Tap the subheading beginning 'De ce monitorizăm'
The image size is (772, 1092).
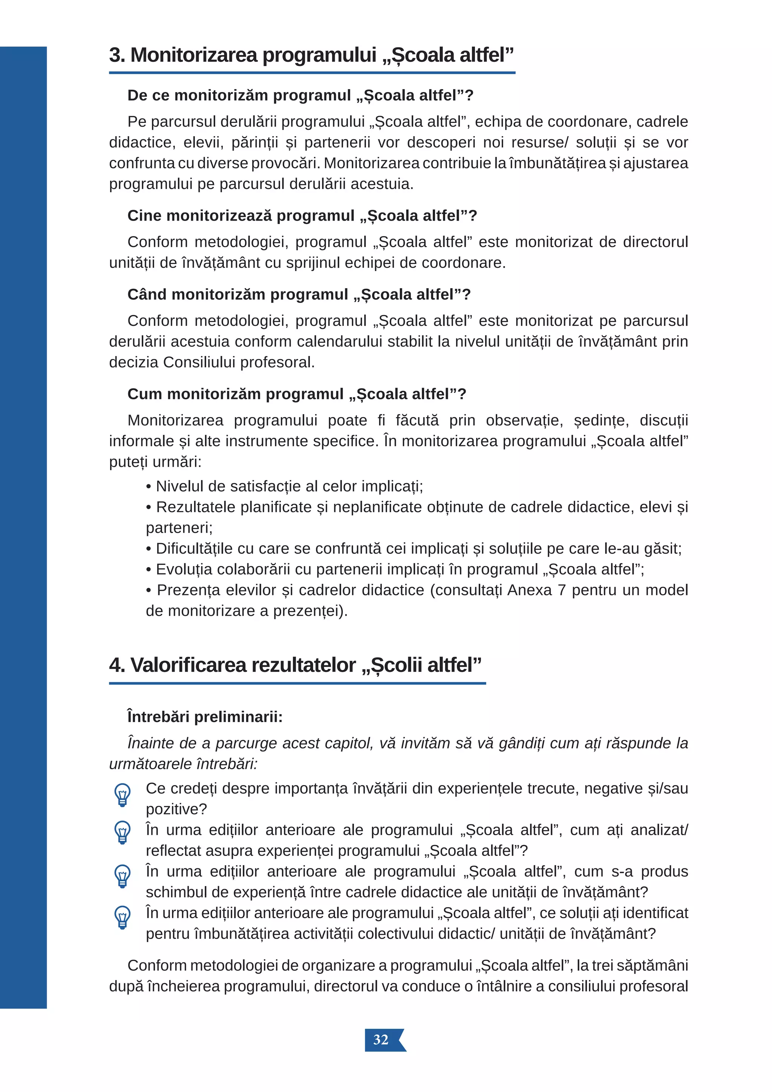300,96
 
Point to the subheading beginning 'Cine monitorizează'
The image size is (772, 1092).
302,216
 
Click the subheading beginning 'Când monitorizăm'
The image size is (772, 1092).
299,295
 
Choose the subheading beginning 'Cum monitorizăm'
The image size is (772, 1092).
297,394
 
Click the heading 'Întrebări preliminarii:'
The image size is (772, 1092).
205,717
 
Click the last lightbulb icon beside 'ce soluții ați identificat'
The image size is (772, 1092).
122,917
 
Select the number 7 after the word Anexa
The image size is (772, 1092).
561,590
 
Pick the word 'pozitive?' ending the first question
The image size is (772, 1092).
176,810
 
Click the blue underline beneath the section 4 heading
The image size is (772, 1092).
297,684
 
